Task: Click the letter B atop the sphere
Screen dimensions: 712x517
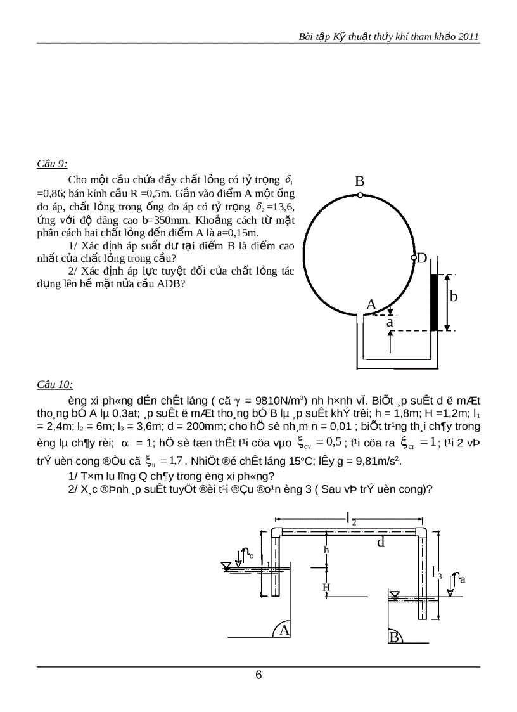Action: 359,181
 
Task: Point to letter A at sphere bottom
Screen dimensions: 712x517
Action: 371,305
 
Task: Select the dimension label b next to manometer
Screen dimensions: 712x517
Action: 453,296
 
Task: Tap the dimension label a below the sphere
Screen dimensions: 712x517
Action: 390,322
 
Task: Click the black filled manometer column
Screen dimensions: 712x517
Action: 434,302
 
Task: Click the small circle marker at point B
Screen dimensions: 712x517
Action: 359,195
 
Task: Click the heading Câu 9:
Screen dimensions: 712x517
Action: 53,164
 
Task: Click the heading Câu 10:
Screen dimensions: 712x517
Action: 54,384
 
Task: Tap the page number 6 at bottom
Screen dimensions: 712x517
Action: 258,675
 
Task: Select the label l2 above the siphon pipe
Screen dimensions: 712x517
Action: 350,519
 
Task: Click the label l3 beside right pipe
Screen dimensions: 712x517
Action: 437,573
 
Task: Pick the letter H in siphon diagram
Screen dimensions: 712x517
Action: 326,588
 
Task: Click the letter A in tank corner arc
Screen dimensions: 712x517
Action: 284,630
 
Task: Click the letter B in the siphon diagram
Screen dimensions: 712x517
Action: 394,637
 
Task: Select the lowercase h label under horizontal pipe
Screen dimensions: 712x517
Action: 327,550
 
